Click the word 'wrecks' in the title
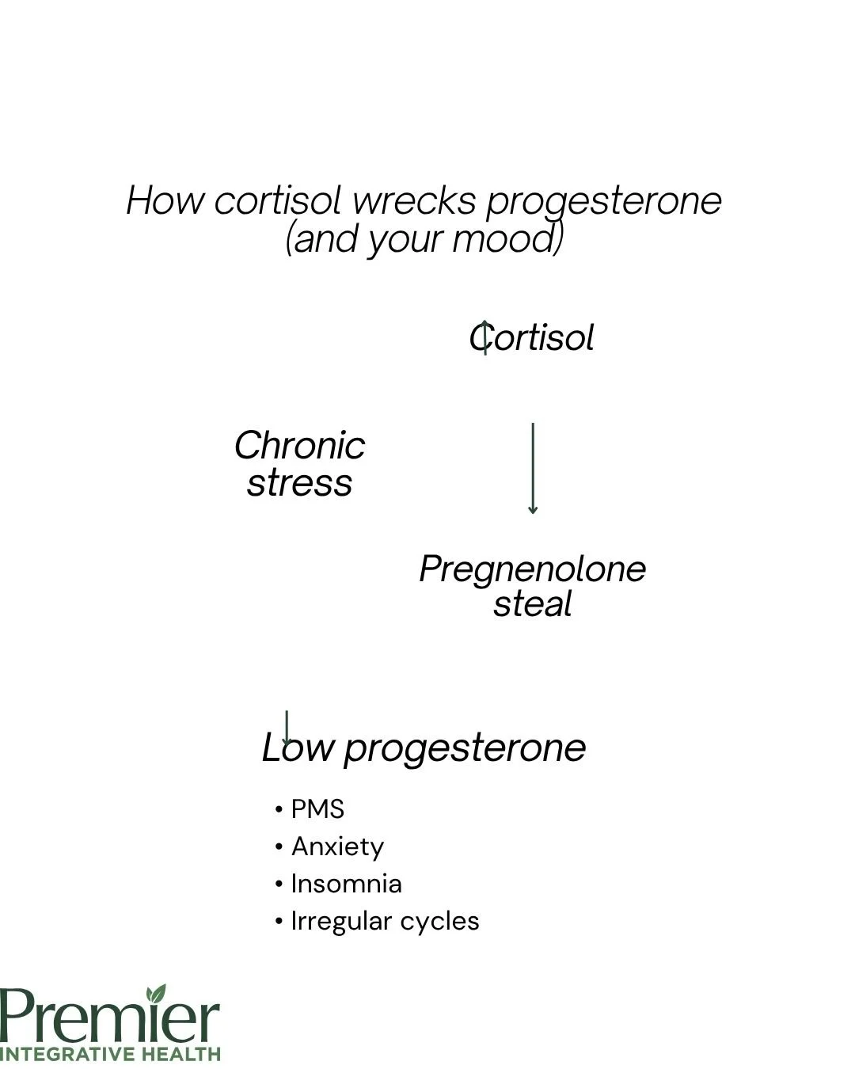click(414, 200)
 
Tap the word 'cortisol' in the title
click(279, 200)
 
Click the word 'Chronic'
click(299, 445)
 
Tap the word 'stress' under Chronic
click(299, 482)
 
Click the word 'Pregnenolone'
click(532, 569)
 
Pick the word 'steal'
click(532, 604)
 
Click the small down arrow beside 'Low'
click(287, 727)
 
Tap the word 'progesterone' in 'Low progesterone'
click(465, 748)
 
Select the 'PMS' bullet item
click(317, 809)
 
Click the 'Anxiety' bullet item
click(337, 846)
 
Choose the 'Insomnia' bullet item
click(346, 884)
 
